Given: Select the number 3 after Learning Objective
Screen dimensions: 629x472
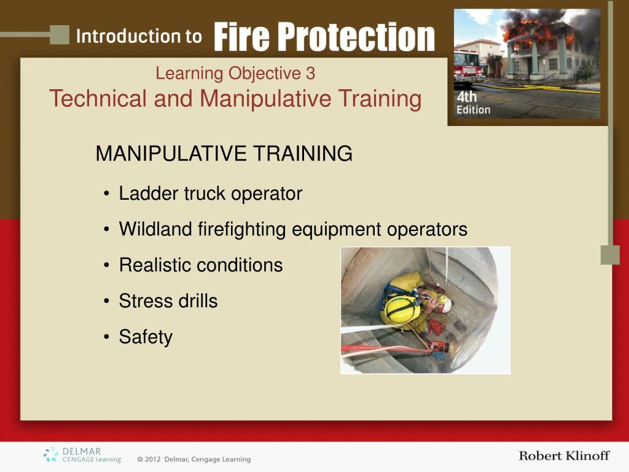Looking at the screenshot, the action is point(310,74).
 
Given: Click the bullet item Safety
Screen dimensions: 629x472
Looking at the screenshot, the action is point(146,337).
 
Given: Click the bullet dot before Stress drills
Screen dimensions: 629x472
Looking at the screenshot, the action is point(106,301).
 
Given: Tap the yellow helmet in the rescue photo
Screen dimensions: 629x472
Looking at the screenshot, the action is point(402,310).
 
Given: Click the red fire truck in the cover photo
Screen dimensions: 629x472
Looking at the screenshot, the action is point(469,68).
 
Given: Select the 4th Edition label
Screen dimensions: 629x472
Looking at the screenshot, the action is point(474,103).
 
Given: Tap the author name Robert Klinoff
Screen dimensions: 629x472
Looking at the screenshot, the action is point(564,455).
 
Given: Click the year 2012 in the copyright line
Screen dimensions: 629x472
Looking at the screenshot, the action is point(153,459).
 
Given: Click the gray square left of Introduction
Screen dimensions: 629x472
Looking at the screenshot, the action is point(60,34).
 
